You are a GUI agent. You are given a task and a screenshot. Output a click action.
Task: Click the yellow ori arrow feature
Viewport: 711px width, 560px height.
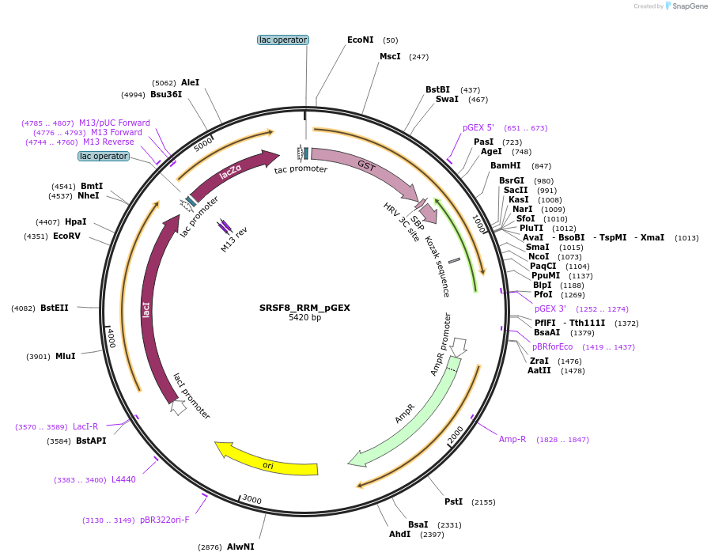click(x=267, y=464)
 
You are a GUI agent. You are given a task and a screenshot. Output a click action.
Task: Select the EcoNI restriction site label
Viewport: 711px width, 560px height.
click(x=360, y=40)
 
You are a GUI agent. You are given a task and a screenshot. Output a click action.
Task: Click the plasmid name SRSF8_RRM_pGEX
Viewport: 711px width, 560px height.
click(x=304, y=308)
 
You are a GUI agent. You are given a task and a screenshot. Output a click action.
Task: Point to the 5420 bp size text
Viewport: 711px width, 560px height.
click(x=304, y=318)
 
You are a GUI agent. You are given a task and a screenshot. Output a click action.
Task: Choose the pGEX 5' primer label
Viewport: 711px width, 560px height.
click(x=478, y=127)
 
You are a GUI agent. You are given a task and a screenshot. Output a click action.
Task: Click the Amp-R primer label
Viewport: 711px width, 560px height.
click(x=512, y=439)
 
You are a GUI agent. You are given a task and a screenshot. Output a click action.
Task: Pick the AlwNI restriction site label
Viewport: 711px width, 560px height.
click(x=240, y=547)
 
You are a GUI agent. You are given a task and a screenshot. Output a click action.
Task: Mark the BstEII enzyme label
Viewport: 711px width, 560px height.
click(x=55, y=308)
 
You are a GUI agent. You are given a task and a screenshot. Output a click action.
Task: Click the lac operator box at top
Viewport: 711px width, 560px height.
click(x=283, y=40)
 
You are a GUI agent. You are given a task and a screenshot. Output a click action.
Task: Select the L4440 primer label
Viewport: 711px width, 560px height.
click(x=123, y=479)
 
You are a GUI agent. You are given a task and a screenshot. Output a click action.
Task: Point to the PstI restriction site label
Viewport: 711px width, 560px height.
click(x=453, y=501)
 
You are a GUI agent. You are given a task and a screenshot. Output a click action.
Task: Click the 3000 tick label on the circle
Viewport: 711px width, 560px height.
click(x=251, y=499)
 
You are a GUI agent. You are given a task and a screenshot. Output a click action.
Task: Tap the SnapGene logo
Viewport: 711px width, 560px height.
click(x=686, y=6)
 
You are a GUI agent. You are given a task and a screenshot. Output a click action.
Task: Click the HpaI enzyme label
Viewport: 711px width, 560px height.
click(x=76, y=221)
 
